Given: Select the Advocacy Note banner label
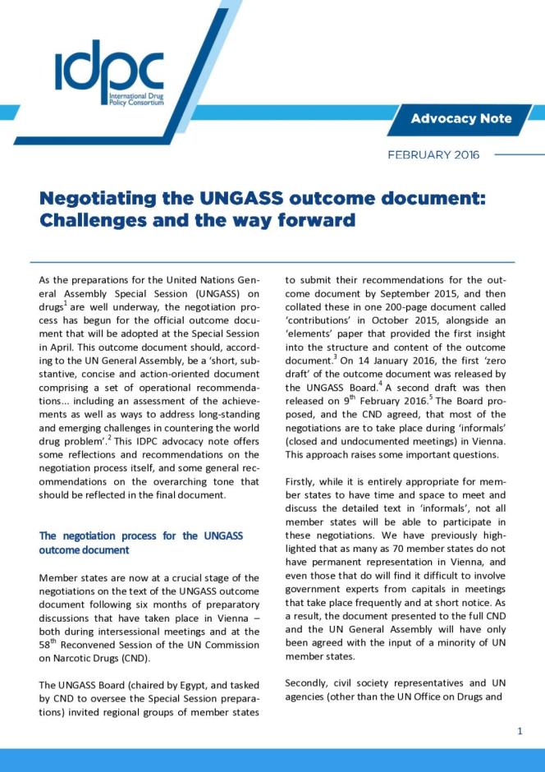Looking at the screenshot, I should pos(460,118).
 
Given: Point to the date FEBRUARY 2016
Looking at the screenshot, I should pos(433,154).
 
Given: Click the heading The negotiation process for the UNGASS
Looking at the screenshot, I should pos(141,535).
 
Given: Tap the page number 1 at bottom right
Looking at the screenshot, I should pos(520,730).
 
